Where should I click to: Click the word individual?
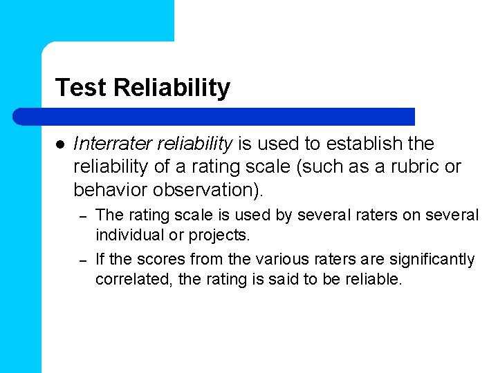coord(129,235)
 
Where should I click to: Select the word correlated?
coord(129,279)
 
